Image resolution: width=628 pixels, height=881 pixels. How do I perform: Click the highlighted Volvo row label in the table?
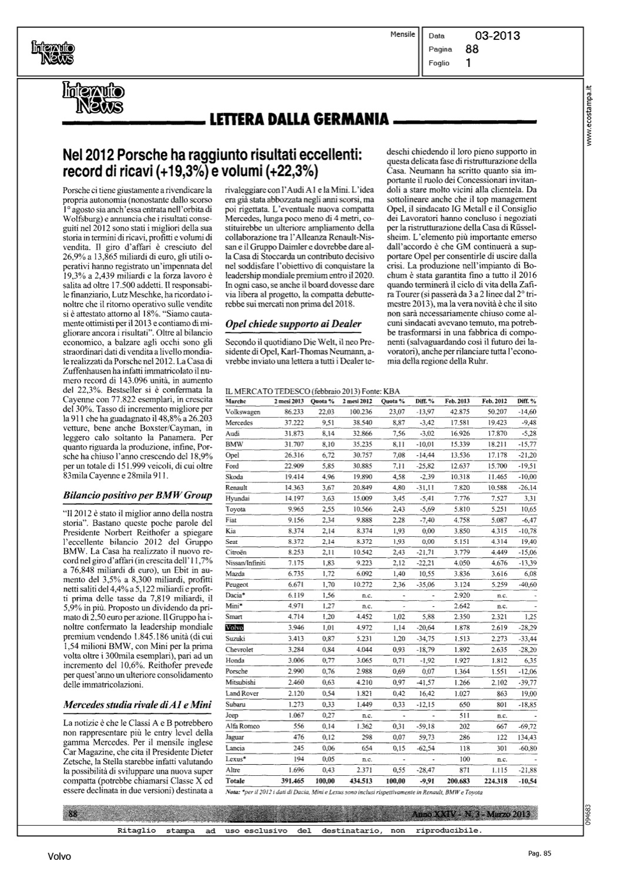(234, 627)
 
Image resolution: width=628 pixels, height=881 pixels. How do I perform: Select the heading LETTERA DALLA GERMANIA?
(295, 119)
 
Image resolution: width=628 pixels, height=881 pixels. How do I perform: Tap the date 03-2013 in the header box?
(497, 36)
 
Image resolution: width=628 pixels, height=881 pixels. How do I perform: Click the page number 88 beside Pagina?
(472, 49)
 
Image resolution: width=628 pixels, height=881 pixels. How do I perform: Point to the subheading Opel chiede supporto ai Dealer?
(293, 324)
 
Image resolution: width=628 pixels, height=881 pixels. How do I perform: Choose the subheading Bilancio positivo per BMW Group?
(137, 495)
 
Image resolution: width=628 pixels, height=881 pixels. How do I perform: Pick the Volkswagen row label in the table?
(243, 412)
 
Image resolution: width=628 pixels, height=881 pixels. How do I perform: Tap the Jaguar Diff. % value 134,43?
(526, 737)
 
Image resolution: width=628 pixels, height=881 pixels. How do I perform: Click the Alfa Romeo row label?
(242, 727)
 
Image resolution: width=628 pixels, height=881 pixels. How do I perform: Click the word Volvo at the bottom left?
(59, 856)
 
